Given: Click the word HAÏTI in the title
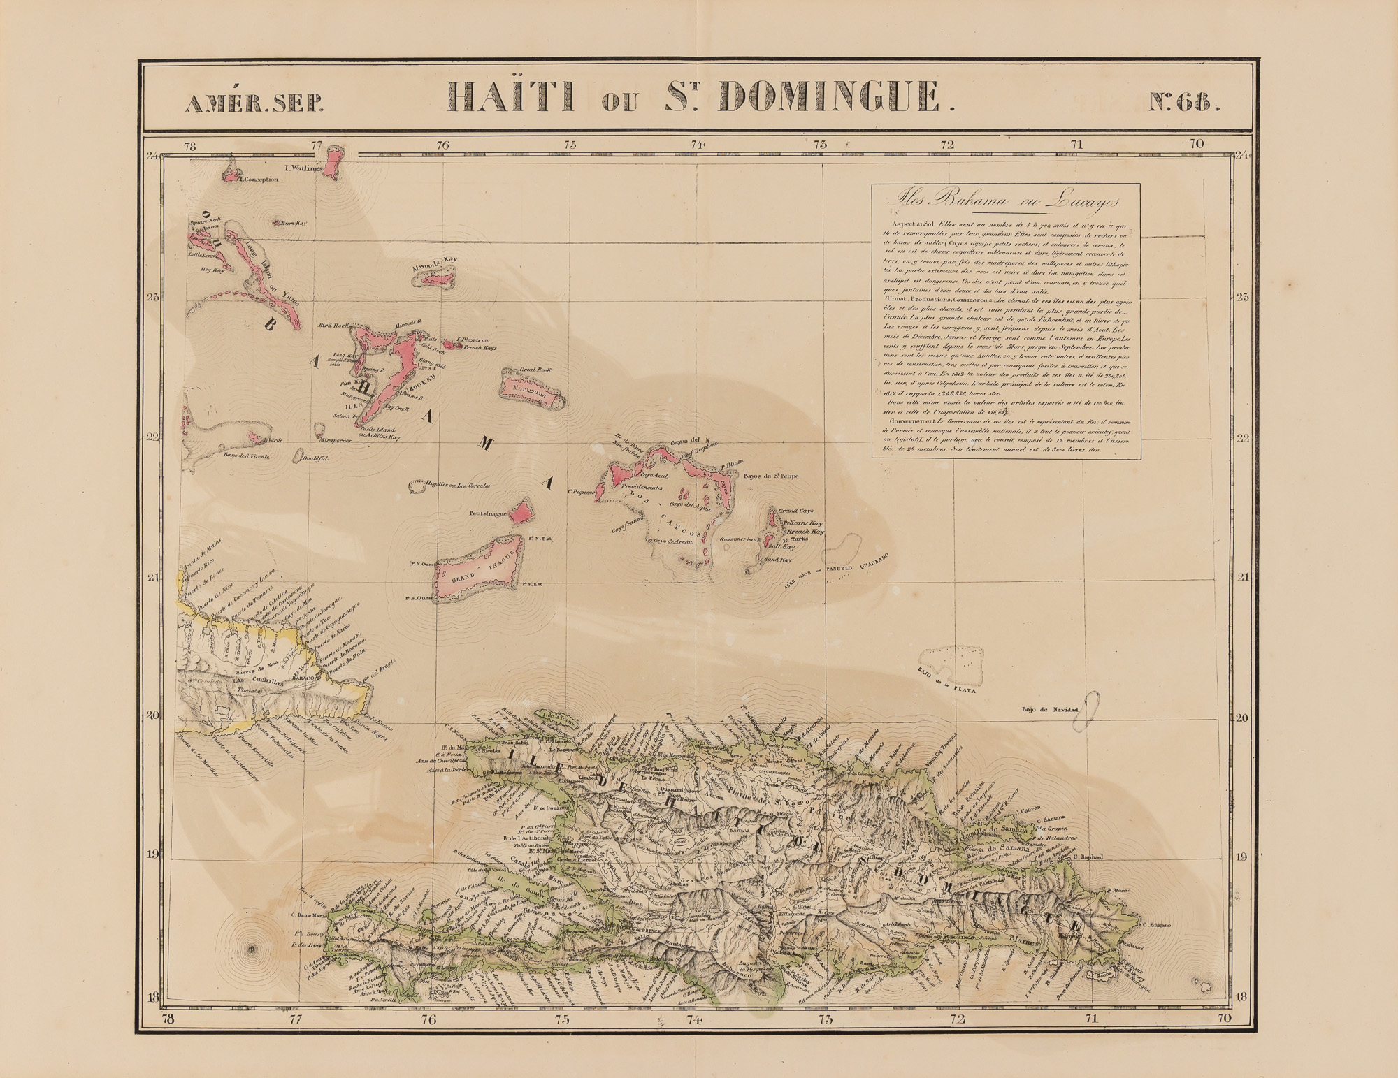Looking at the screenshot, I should click(x=511, y=98).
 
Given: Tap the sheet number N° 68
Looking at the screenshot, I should click(x=1186, y=103).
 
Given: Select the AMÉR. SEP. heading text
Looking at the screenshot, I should click(x=254, y=103).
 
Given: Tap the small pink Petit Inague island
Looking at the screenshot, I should click(x=521, y=513).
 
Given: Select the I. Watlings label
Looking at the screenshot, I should click(x=303, y=168).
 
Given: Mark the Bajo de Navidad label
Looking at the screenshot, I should click(x=1050, y=711).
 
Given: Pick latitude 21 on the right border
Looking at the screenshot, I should click(x=1242, y=577).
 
